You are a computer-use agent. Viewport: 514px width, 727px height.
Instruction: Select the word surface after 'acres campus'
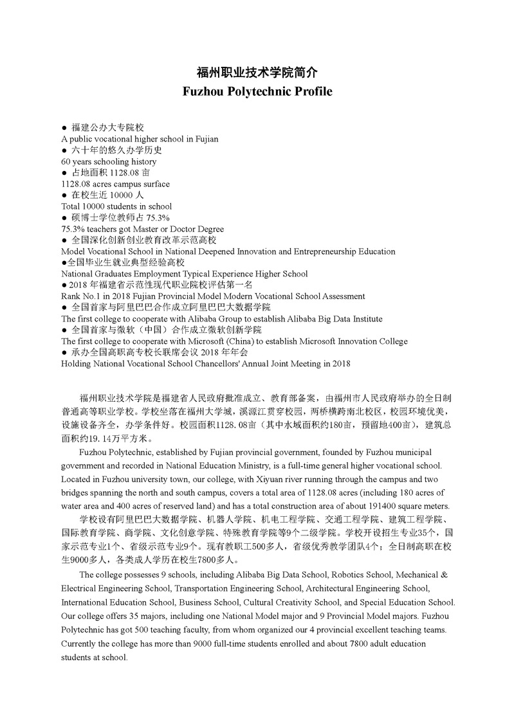154,184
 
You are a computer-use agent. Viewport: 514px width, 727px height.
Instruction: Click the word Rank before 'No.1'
71,296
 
